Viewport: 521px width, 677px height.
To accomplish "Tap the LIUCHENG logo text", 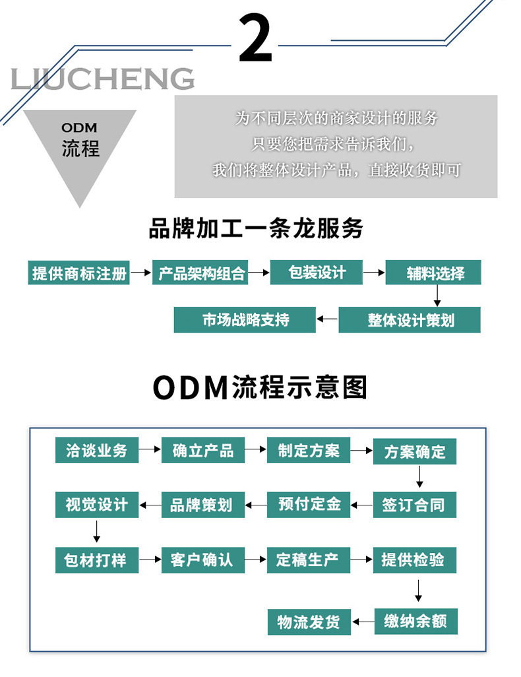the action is coord(103,79).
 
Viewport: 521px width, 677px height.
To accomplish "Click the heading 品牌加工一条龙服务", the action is coord(257,228).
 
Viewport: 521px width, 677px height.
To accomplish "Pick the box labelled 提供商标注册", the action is coord(79,273).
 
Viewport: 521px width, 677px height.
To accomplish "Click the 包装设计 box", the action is coord(317,273).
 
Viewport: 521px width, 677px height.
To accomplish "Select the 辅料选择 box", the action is coord(433,273).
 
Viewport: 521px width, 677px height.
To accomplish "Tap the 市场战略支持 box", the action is coord(245,320).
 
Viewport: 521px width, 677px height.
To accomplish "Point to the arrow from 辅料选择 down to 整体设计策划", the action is coord(436,296).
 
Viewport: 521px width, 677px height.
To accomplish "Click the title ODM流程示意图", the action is coord(260,388).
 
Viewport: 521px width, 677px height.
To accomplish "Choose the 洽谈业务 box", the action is coord(96,451).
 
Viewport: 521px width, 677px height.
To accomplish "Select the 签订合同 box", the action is coord(415,505).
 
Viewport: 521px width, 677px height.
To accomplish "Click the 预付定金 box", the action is coord(309,505).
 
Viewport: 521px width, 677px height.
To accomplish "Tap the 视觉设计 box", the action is coord(96,505).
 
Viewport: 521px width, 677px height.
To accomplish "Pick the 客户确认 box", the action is coord(202,560).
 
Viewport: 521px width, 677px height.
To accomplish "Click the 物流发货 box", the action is coord(309,622).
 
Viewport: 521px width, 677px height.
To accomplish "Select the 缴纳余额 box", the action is coord(415,621).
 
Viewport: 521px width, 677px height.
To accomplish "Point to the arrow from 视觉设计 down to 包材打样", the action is coord(96,531).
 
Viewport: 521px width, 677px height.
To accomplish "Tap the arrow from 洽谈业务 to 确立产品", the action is coord(151,451).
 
